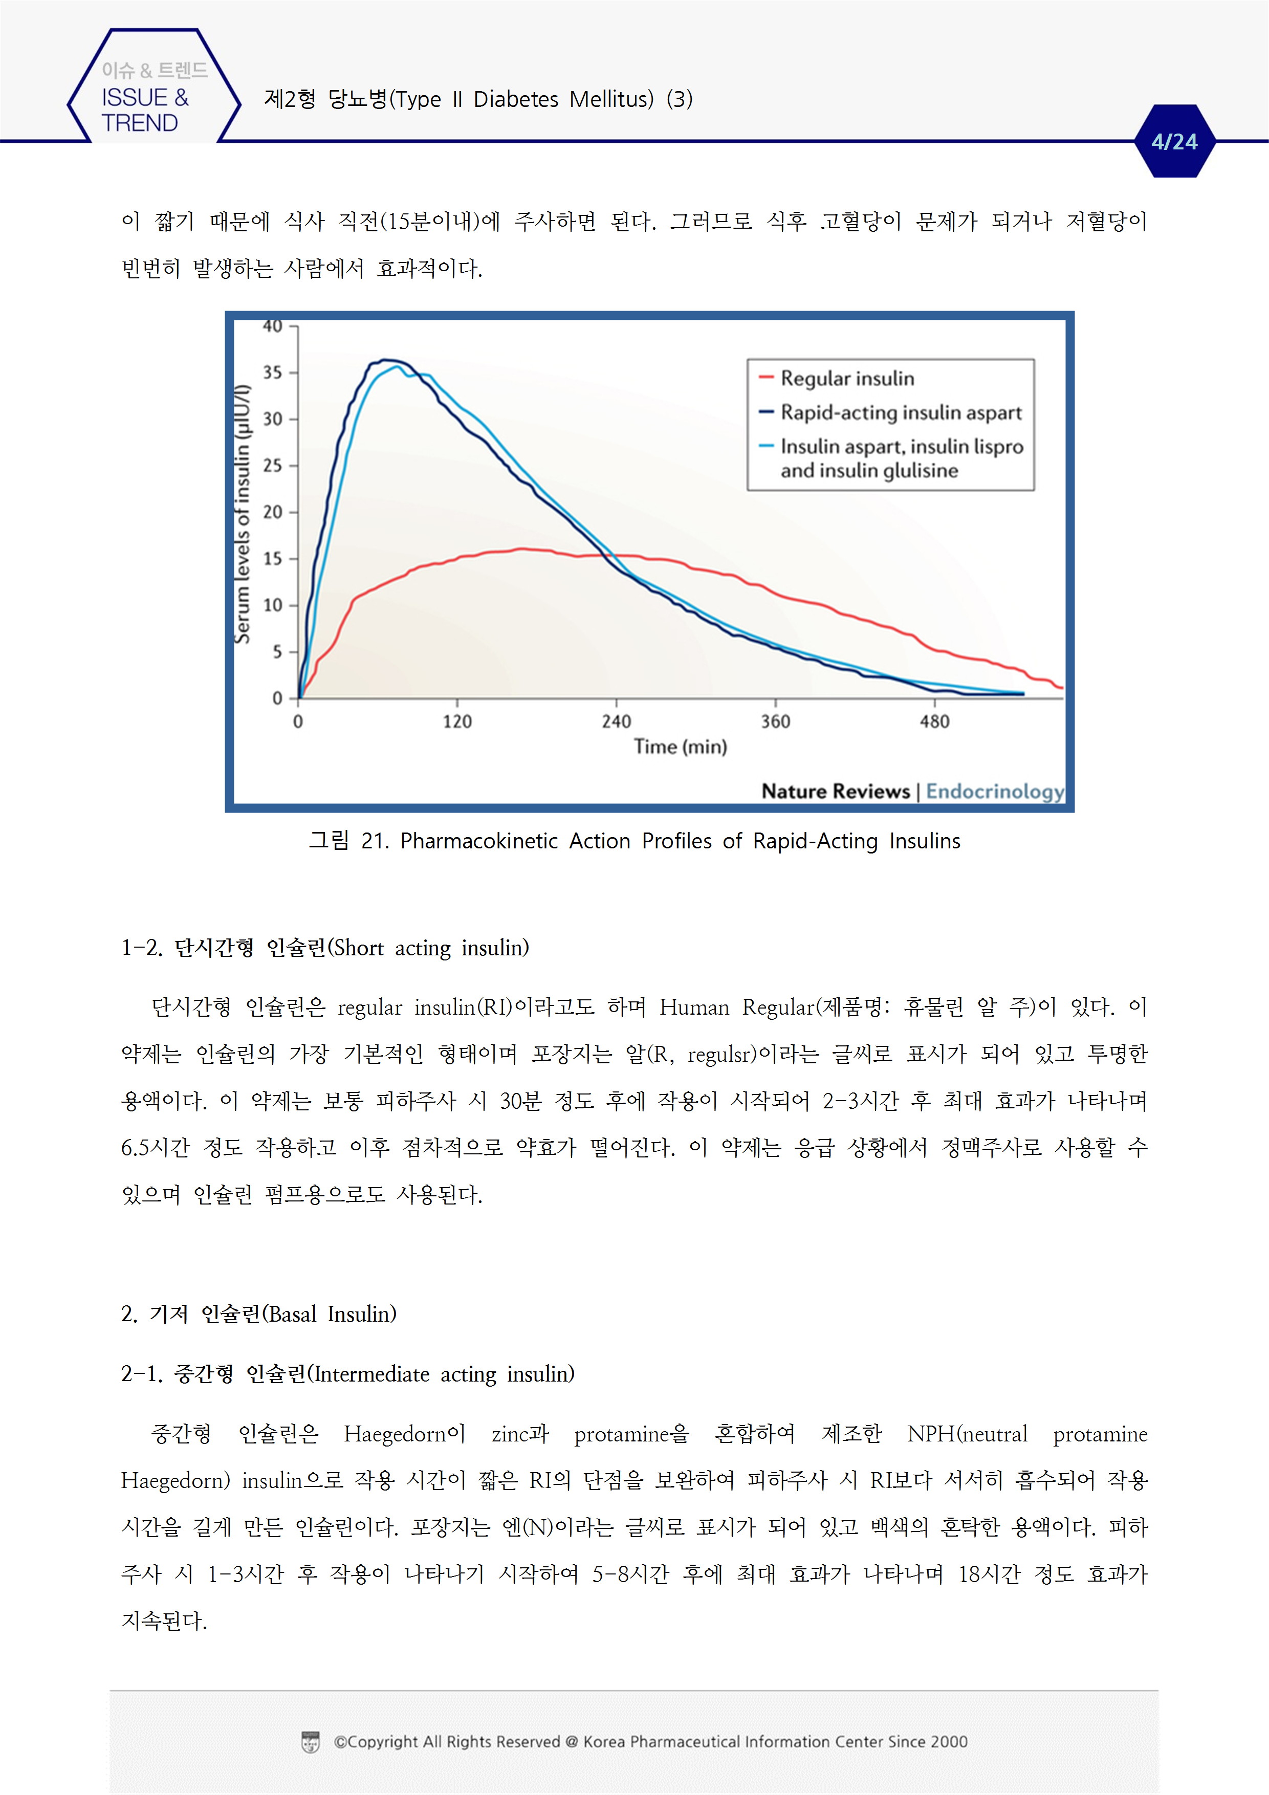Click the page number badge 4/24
point(1174,142)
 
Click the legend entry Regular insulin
point(847,378)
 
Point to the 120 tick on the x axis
point(457,721)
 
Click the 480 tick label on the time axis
point(934,721)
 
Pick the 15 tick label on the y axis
point(272,558)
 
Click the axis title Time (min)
point(680,747)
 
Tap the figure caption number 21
point(375,841)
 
